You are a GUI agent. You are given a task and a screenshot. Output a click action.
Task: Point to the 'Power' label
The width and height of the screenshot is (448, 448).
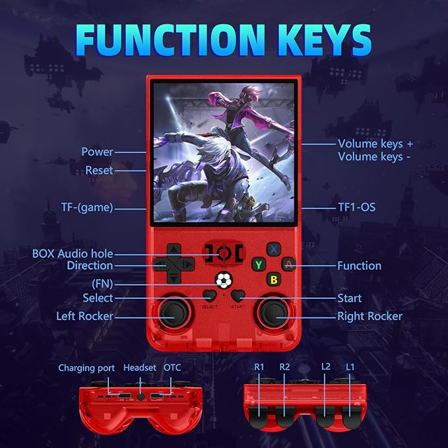(97, 152)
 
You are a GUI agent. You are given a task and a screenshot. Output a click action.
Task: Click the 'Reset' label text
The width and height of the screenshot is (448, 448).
(99, 170)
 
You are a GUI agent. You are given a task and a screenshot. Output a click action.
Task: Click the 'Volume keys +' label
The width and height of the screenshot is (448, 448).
(375, 143)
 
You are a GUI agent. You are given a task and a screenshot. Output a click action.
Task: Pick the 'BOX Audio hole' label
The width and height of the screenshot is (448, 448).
(73, 253)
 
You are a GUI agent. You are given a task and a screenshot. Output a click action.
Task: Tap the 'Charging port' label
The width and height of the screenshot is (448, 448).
(86, 368)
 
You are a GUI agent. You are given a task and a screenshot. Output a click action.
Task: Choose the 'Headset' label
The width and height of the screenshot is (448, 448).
(140, 368)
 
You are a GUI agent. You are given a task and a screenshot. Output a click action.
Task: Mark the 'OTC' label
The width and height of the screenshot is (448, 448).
(174, 368)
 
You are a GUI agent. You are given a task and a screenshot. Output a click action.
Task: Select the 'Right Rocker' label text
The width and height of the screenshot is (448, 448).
(369, 316)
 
